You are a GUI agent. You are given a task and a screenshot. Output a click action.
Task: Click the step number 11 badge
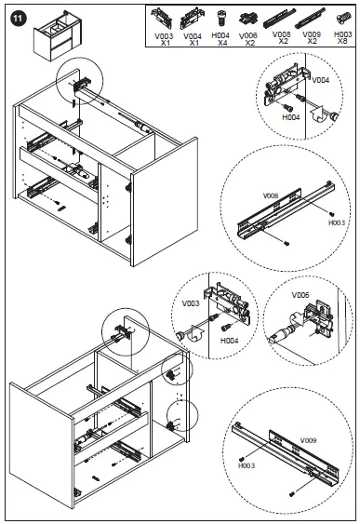click(x=18, y=18)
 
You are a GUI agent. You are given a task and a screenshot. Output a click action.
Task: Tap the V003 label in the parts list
click(x=164, y=36)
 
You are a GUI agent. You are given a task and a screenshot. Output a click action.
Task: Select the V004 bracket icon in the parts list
click(x=192, y=19)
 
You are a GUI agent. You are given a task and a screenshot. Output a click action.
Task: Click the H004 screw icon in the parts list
click(x=220, y=18)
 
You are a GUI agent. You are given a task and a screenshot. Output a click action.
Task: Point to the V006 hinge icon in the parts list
click(x=248, y=19)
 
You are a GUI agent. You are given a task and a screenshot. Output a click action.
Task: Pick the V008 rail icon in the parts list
click(x=280, y=19)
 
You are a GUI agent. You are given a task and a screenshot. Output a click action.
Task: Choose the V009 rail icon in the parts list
click(x=311, y=18)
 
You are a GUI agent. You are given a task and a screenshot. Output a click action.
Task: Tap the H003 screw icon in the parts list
click(x=343, y=18)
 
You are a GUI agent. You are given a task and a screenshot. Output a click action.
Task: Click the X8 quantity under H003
click(x=342, y=41)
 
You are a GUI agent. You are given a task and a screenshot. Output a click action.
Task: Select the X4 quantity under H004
click(x=222, y=43)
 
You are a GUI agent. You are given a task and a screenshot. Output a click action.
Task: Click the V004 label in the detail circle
click(x=321, y=80)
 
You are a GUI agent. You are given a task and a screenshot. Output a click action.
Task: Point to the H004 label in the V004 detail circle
click(x=291, y=117)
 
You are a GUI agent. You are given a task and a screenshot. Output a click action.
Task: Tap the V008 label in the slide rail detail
click(x=271, y=195)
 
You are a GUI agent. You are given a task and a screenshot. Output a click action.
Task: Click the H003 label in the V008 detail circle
click(x=337, y=222)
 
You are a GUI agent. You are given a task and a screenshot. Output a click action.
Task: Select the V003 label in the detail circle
click(x=191, y=303)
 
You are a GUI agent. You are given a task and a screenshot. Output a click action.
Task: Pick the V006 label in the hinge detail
click(x=300, y=295)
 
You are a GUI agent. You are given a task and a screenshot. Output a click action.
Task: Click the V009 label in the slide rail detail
click(x=308, y=440)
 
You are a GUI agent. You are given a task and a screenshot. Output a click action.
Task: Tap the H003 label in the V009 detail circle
click(x=247, y=465)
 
